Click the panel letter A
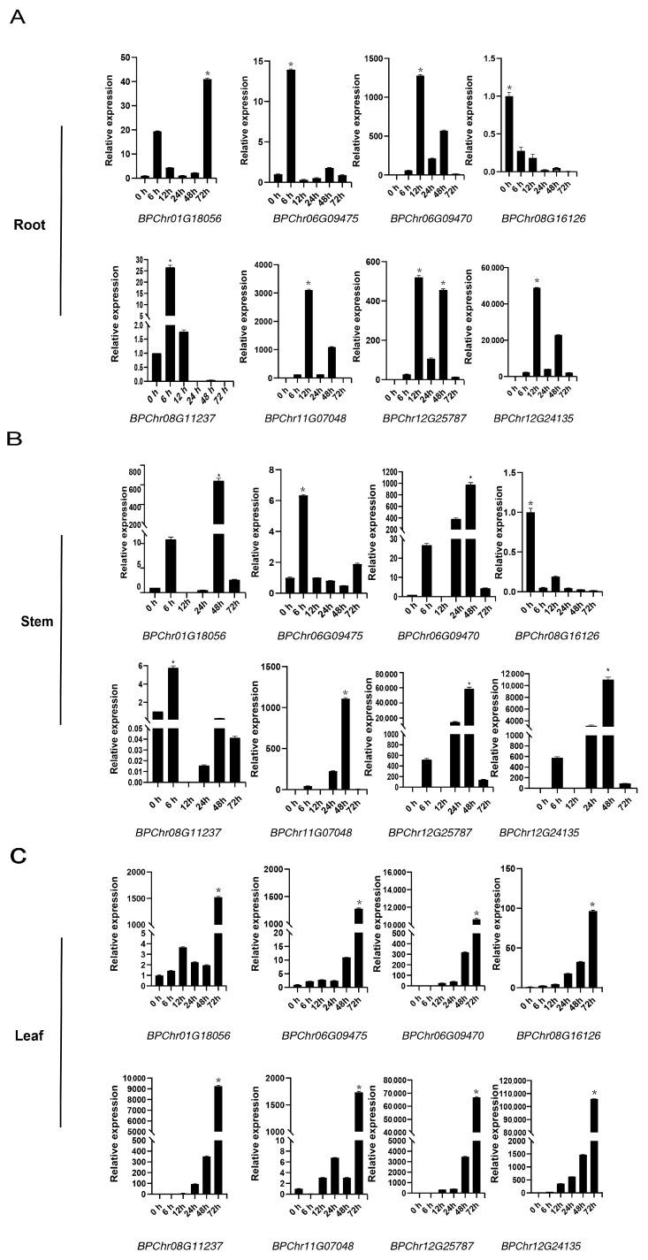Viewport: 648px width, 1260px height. point(17,17)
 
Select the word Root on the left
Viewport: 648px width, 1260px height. point(31,225)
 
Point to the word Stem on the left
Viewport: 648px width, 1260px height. point(34,621)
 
